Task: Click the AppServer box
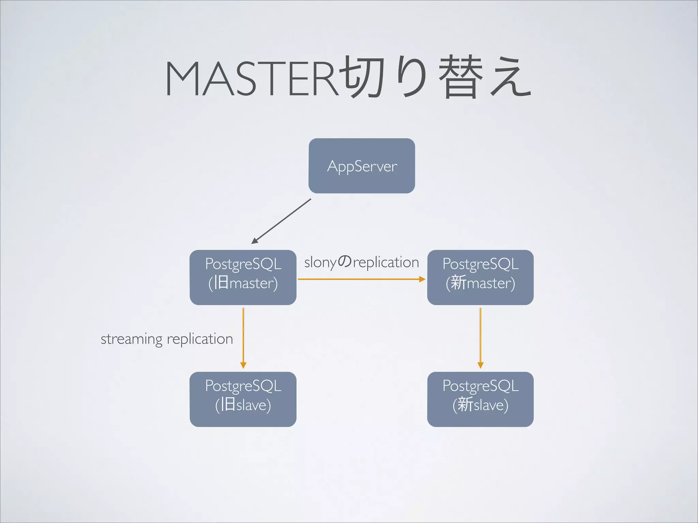(x=362, y=166)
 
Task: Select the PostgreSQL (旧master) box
(x=243, y=278)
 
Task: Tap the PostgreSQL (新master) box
(x=480, y=278)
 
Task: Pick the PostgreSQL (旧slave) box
(x=243, y=399)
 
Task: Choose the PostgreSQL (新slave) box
(x=480, y=399)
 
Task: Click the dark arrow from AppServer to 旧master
(x=281, y=221)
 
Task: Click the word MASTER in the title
(x=252, y=79)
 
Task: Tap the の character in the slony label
(x=345, y=262)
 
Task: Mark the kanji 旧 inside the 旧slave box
(x=228, y=405)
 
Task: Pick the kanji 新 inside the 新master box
(x=458, y=283)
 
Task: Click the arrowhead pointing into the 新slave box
(x=481, y=365)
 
